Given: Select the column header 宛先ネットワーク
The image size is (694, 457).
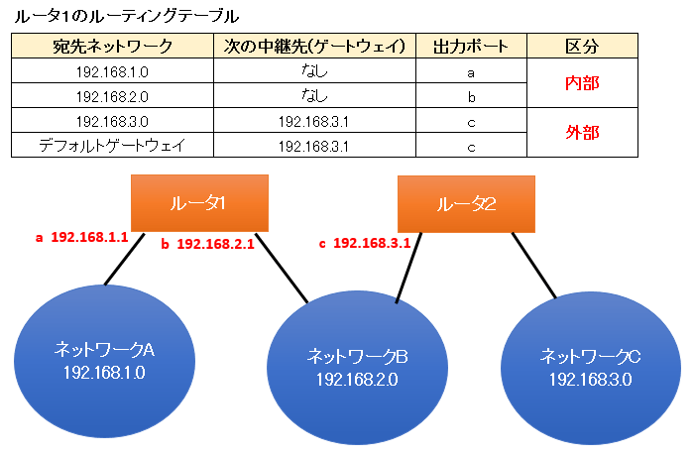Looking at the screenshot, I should [112, 47].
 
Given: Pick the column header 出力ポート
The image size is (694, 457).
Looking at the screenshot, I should [471, 47].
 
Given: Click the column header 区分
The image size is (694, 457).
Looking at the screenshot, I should [581, 47].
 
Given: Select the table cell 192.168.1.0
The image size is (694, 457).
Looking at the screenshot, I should [112, 72].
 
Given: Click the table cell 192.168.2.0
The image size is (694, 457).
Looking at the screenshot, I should [112, 97].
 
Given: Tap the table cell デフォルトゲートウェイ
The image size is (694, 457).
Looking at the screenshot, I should [112, 146].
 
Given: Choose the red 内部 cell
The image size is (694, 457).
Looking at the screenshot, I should [581, 84].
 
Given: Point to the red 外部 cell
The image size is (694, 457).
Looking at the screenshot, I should [581, 133].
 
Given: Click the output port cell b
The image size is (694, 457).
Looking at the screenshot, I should [471, 97].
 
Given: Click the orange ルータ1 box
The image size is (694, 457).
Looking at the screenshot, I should [199, 203].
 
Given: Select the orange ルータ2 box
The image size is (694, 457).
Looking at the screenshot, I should [466, 204].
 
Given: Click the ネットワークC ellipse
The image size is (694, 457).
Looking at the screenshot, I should [589, 366].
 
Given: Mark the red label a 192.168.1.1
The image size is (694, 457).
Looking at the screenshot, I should [81, 238].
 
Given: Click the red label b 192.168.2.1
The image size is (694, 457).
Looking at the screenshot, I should [208, 243].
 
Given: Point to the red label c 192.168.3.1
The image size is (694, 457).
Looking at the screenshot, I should [364, 242].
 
